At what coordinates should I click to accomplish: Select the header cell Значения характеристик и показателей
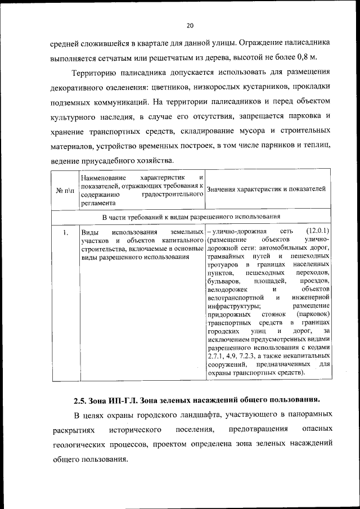coord(266,189)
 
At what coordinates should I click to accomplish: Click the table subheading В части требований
coord(191,217)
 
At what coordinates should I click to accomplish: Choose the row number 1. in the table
coord(66,232)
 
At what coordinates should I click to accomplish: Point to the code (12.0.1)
coord(318,231)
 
